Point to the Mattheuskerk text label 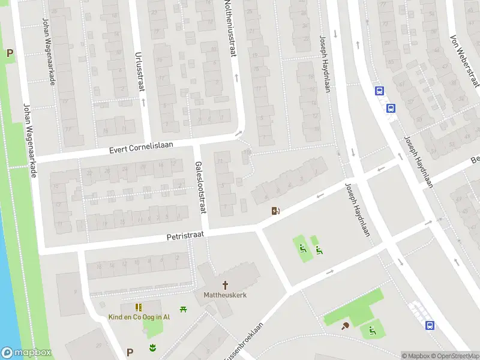(x=226, y=295)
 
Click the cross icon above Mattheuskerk (x=226, y=284)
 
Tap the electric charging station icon (x=275, y=211)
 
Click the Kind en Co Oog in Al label (x=139, y=317)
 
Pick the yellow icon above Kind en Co (x=139, y=307)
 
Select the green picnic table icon (x=184, y=308)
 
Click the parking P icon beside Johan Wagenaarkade (x=10, y=53)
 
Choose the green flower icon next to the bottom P (x=152, y=347)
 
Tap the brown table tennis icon (x=346, y=326)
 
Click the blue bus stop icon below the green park (x=430, y=325)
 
